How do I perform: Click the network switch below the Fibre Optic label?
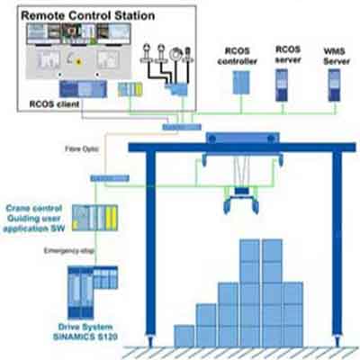click(x=110, y=179)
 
